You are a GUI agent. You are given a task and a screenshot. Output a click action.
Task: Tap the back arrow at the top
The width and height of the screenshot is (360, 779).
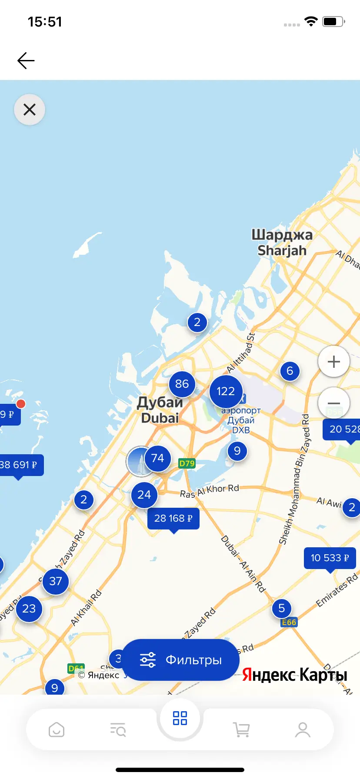tap(26, 60)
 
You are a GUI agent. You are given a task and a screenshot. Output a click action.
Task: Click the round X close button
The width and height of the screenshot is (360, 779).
tap(30, 110)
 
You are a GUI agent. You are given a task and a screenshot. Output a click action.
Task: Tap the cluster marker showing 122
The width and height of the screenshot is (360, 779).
tap(226, 391)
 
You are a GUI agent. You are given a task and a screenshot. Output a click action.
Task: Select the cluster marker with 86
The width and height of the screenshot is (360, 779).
tap(182, 384)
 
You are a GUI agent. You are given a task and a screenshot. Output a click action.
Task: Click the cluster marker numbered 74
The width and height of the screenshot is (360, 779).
tap(157, 458)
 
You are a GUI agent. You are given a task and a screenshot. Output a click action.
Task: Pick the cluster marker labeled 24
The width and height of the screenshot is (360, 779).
tap(144, 495)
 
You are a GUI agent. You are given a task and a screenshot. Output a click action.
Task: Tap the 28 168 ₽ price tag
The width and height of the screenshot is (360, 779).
tap(173, 518)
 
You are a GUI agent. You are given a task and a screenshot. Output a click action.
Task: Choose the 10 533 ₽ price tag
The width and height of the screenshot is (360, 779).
tap(330, 558)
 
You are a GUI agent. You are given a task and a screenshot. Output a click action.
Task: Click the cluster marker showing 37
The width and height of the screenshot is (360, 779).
tap(56, 581)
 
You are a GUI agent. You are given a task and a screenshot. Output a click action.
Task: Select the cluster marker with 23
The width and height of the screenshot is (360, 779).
tap(29, 609)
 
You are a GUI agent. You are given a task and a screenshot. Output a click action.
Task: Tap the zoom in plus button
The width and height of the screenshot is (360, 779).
tap(333, 362)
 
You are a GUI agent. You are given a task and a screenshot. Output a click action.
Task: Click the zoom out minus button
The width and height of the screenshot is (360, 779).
tap(333, 403)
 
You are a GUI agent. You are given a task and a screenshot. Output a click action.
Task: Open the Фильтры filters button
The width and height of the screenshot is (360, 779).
tap(180, 660)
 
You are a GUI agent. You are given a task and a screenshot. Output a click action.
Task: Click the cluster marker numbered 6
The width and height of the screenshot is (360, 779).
tap(290, 371)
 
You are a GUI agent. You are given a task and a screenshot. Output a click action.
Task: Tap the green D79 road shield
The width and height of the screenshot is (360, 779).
tap(187, 463)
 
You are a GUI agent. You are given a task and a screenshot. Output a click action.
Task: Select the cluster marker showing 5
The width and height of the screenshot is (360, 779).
tap(281, 608)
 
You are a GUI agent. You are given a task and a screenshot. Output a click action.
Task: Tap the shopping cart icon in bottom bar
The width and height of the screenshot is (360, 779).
tap(241, 729)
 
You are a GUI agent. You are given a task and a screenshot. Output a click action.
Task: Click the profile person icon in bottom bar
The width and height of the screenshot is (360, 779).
tap(303, 729)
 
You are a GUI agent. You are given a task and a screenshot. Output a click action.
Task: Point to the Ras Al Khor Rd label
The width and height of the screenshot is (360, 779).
tap(210, 490)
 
